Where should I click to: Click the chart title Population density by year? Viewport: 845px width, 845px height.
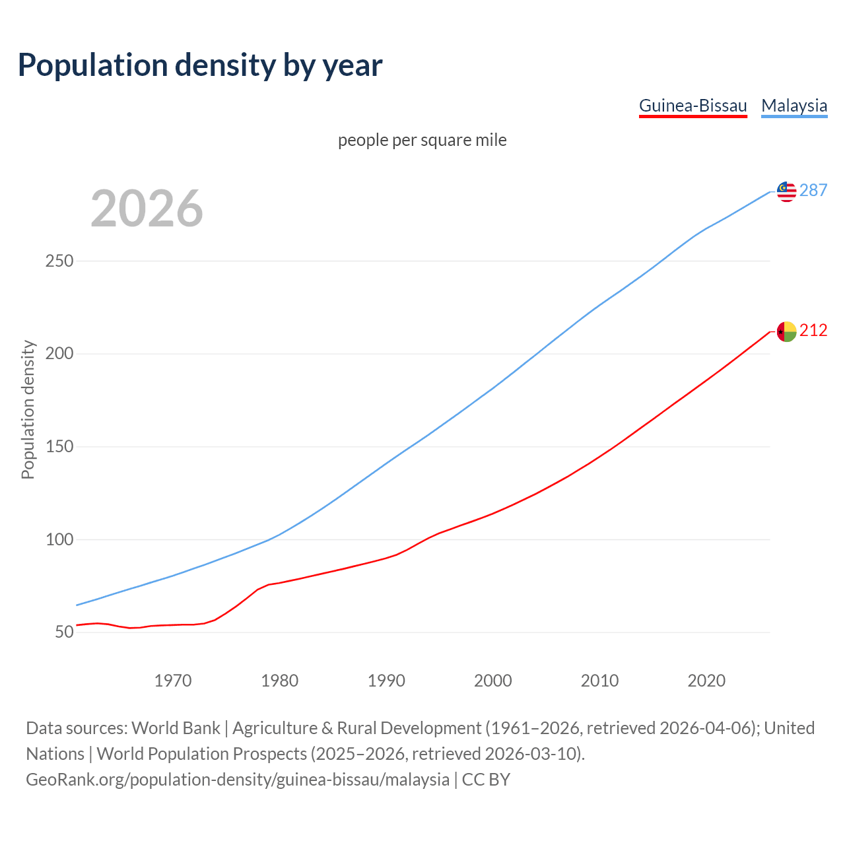(200, 65)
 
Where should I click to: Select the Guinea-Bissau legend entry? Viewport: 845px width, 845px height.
(693, 106)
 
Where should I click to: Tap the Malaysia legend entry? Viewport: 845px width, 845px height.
(794, 106)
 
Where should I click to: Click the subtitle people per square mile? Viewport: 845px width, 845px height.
(422, 140)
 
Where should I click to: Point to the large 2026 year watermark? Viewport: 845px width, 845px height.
(147, 209)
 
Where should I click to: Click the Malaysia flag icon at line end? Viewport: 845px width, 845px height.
(786, 191)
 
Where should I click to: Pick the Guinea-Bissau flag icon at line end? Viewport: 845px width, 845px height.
(786, 331)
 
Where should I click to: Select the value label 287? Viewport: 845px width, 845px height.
(813, 191)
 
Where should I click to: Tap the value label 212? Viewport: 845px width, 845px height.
(813, 331)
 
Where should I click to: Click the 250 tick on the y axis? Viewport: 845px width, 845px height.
(59, 261)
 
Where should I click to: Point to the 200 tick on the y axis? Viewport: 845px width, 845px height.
(59, 354)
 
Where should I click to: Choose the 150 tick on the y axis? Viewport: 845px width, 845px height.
(59, 447)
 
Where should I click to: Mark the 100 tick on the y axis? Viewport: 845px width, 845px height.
(59, 539)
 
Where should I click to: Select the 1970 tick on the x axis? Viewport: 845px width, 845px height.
(173, 681)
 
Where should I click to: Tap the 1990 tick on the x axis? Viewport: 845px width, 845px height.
(386, 681)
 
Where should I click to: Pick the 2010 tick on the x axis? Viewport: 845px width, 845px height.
(599, 681)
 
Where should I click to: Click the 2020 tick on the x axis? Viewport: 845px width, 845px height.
(706, 681)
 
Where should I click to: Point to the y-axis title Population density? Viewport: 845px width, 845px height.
(28, 409)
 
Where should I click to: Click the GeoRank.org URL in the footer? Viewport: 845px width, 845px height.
(238, 780)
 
